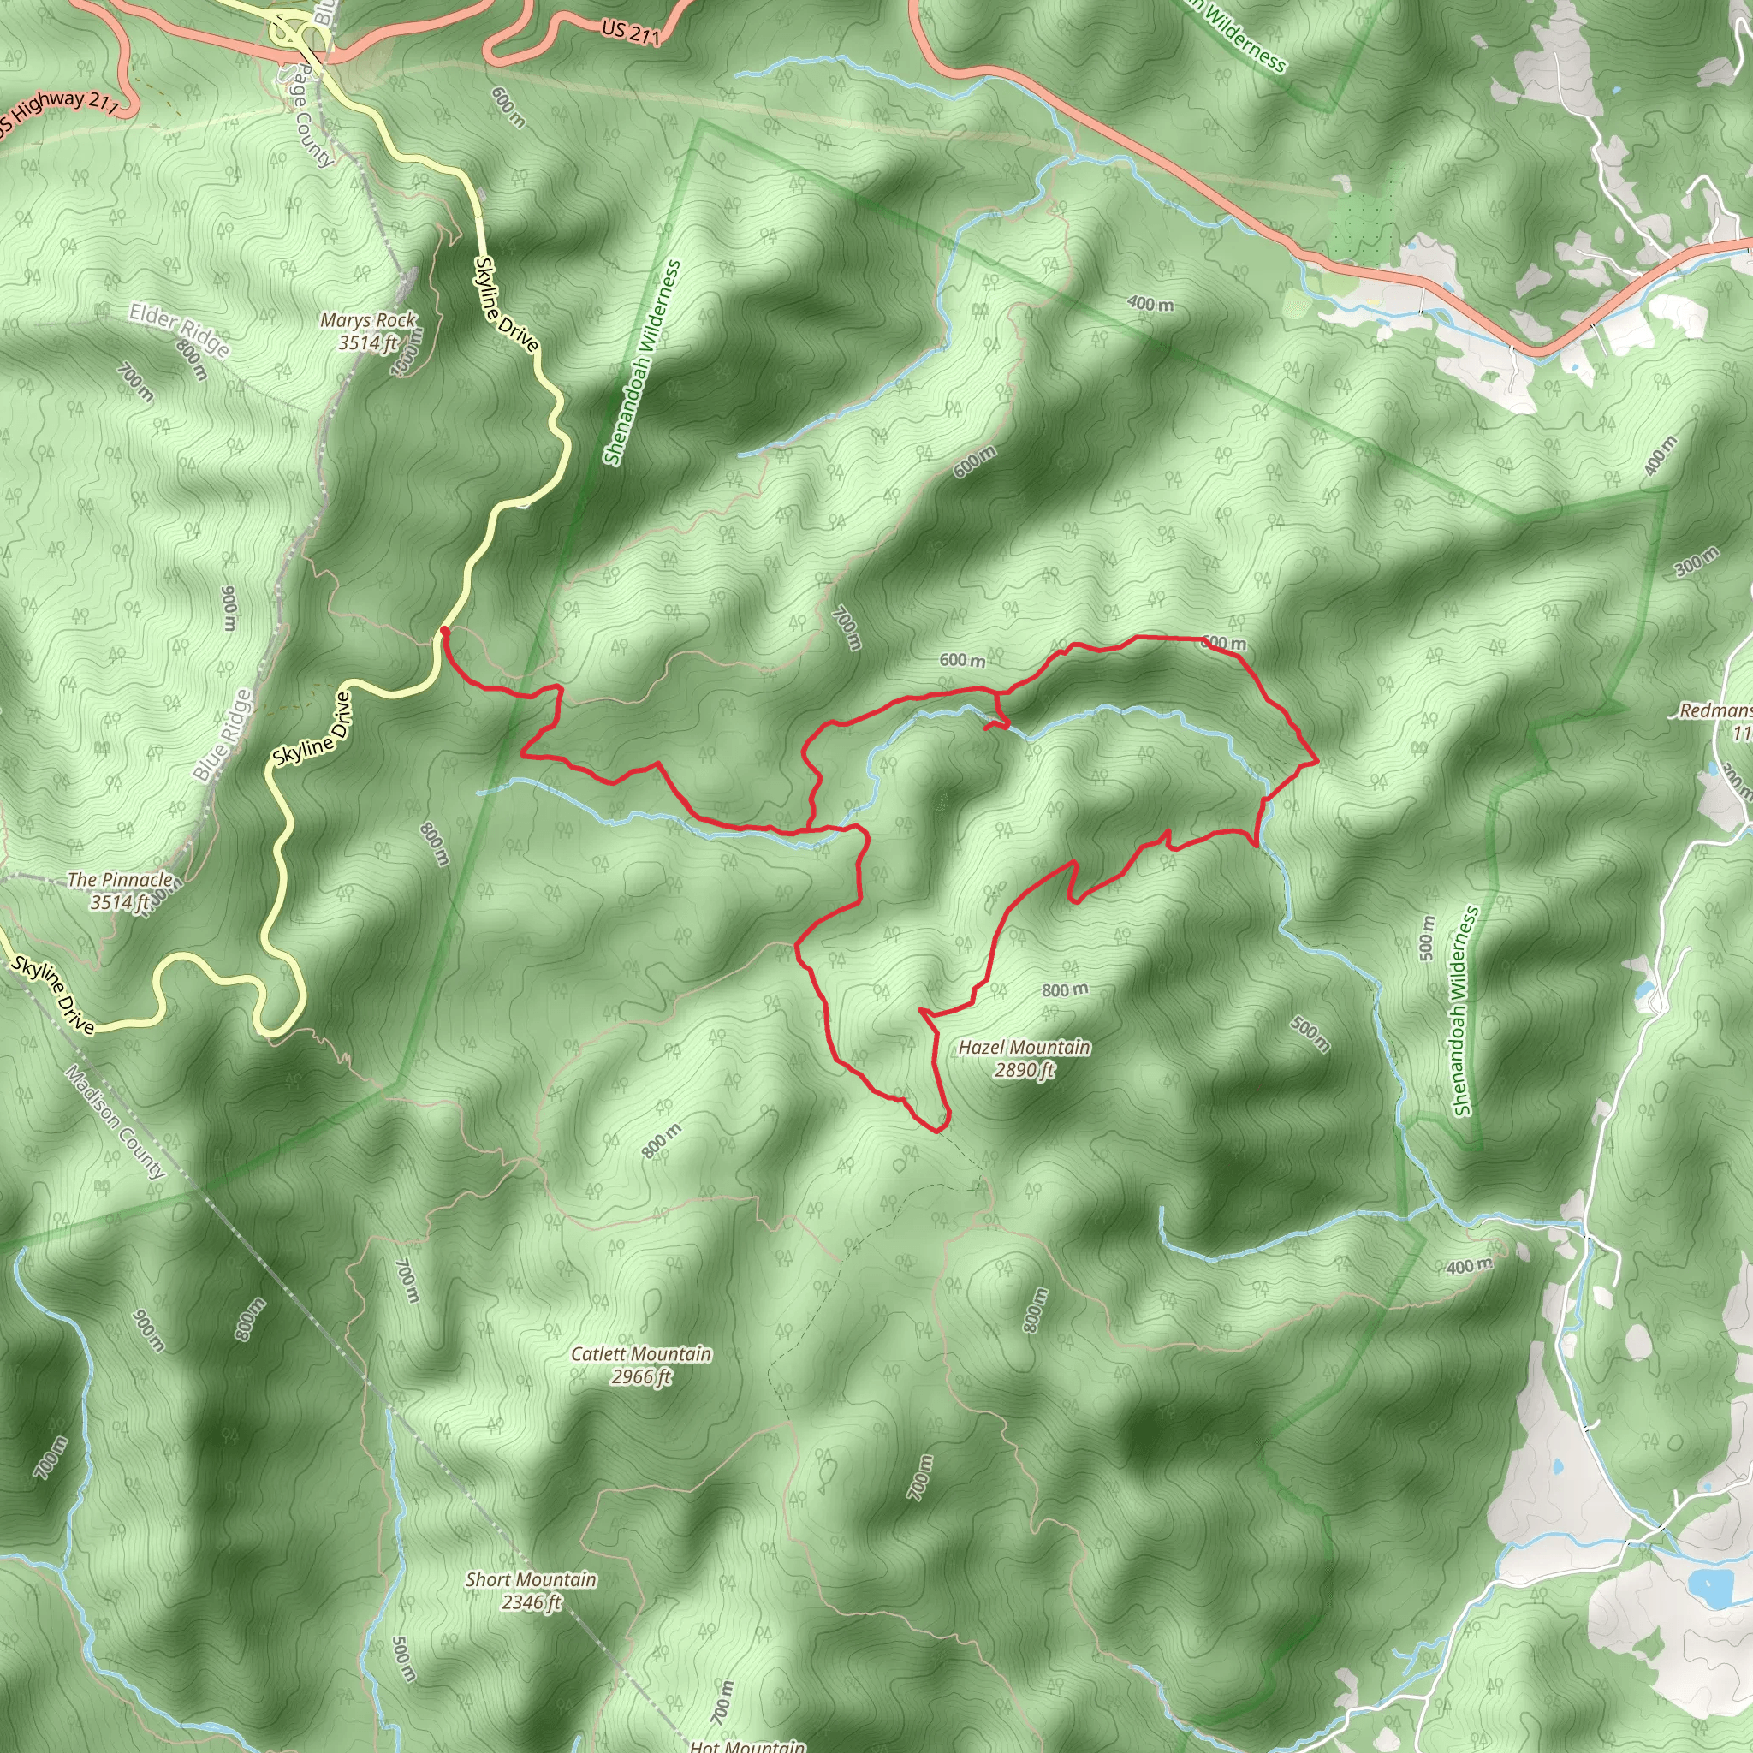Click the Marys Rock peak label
point(367,331)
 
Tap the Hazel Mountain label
point(1025,1058)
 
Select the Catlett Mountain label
point(640,1364)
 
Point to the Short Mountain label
point(531,1590)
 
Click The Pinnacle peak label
point(120,890)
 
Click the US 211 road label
point(630,33)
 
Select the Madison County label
point(116,1121)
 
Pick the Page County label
point(308,119)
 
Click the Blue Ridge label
point(223,735)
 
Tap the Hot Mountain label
point(746,1744)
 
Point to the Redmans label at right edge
point(1714,710)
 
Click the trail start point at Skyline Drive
point(443,629)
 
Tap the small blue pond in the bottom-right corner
point(1709,1612)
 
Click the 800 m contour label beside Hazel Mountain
point(1064,990)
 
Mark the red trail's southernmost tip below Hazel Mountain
point(937,1131)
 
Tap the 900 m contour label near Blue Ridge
point(229,608)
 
